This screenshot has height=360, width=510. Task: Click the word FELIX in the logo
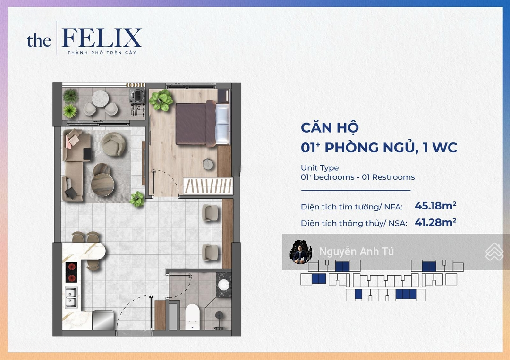click(102, 38)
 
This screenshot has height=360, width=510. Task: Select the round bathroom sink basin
click(223, 285)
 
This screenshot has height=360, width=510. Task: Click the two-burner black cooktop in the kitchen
click(71, 272)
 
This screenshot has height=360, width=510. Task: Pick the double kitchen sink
click(71, 297)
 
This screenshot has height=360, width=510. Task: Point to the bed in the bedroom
click(202, 124)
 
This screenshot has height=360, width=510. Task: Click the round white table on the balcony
click(100, 99)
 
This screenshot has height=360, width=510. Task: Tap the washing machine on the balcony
click(137, 95)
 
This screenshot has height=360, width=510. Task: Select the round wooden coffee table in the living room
click(103, 184)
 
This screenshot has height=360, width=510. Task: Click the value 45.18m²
click(435, 206)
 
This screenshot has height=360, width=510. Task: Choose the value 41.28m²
click(435, 222)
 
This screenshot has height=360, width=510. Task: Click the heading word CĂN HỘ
click(330, 128)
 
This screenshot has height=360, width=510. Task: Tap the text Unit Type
click(320, 167)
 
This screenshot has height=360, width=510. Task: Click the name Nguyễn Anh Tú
click(356, 251)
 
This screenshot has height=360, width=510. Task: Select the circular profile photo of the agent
click(301, 251)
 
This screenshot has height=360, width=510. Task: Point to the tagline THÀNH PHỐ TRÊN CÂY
click(102, 53)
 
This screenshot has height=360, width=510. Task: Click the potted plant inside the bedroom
click(161, 100)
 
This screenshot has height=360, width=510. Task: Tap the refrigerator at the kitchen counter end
click(103, 320)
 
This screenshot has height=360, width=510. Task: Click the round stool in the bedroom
click(208, 164)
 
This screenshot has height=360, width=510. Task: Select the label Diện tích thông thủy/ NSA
click(354, 223)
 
